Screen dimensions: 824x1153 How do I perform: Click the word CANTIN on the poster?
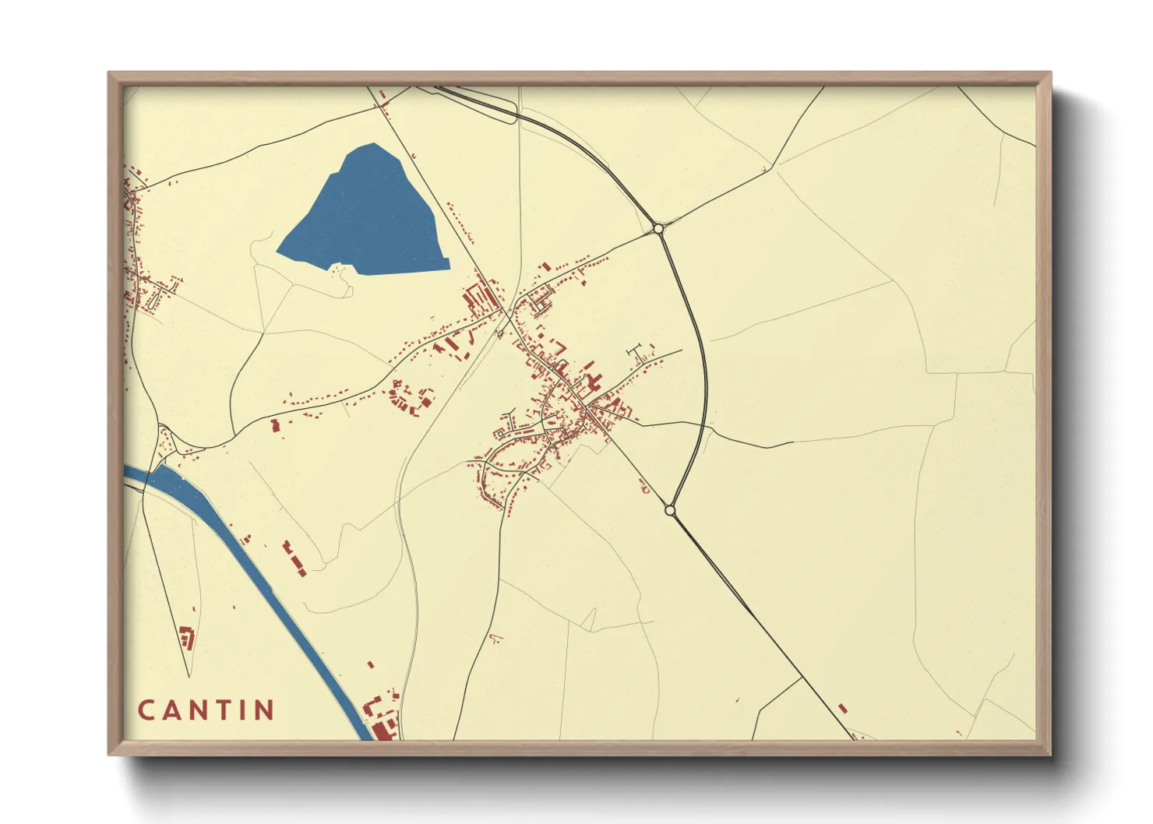tap(206, 710)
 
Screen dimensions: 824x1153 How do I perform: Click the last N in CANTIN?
tap(265, 710)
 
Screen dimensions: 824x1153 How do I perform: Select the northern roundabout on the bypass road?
tap(659, 229)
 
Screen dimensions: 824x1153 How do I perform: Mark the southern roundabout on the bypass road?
tap(670, 510)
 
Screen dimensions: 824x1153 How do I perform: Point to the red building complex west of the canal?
tap(186, 638)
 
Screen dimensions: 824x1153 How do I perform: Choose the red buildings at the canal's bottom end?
tap(383, 721)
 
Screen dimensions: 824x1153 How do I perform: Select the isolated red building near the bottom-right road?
tap(842, 708)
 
